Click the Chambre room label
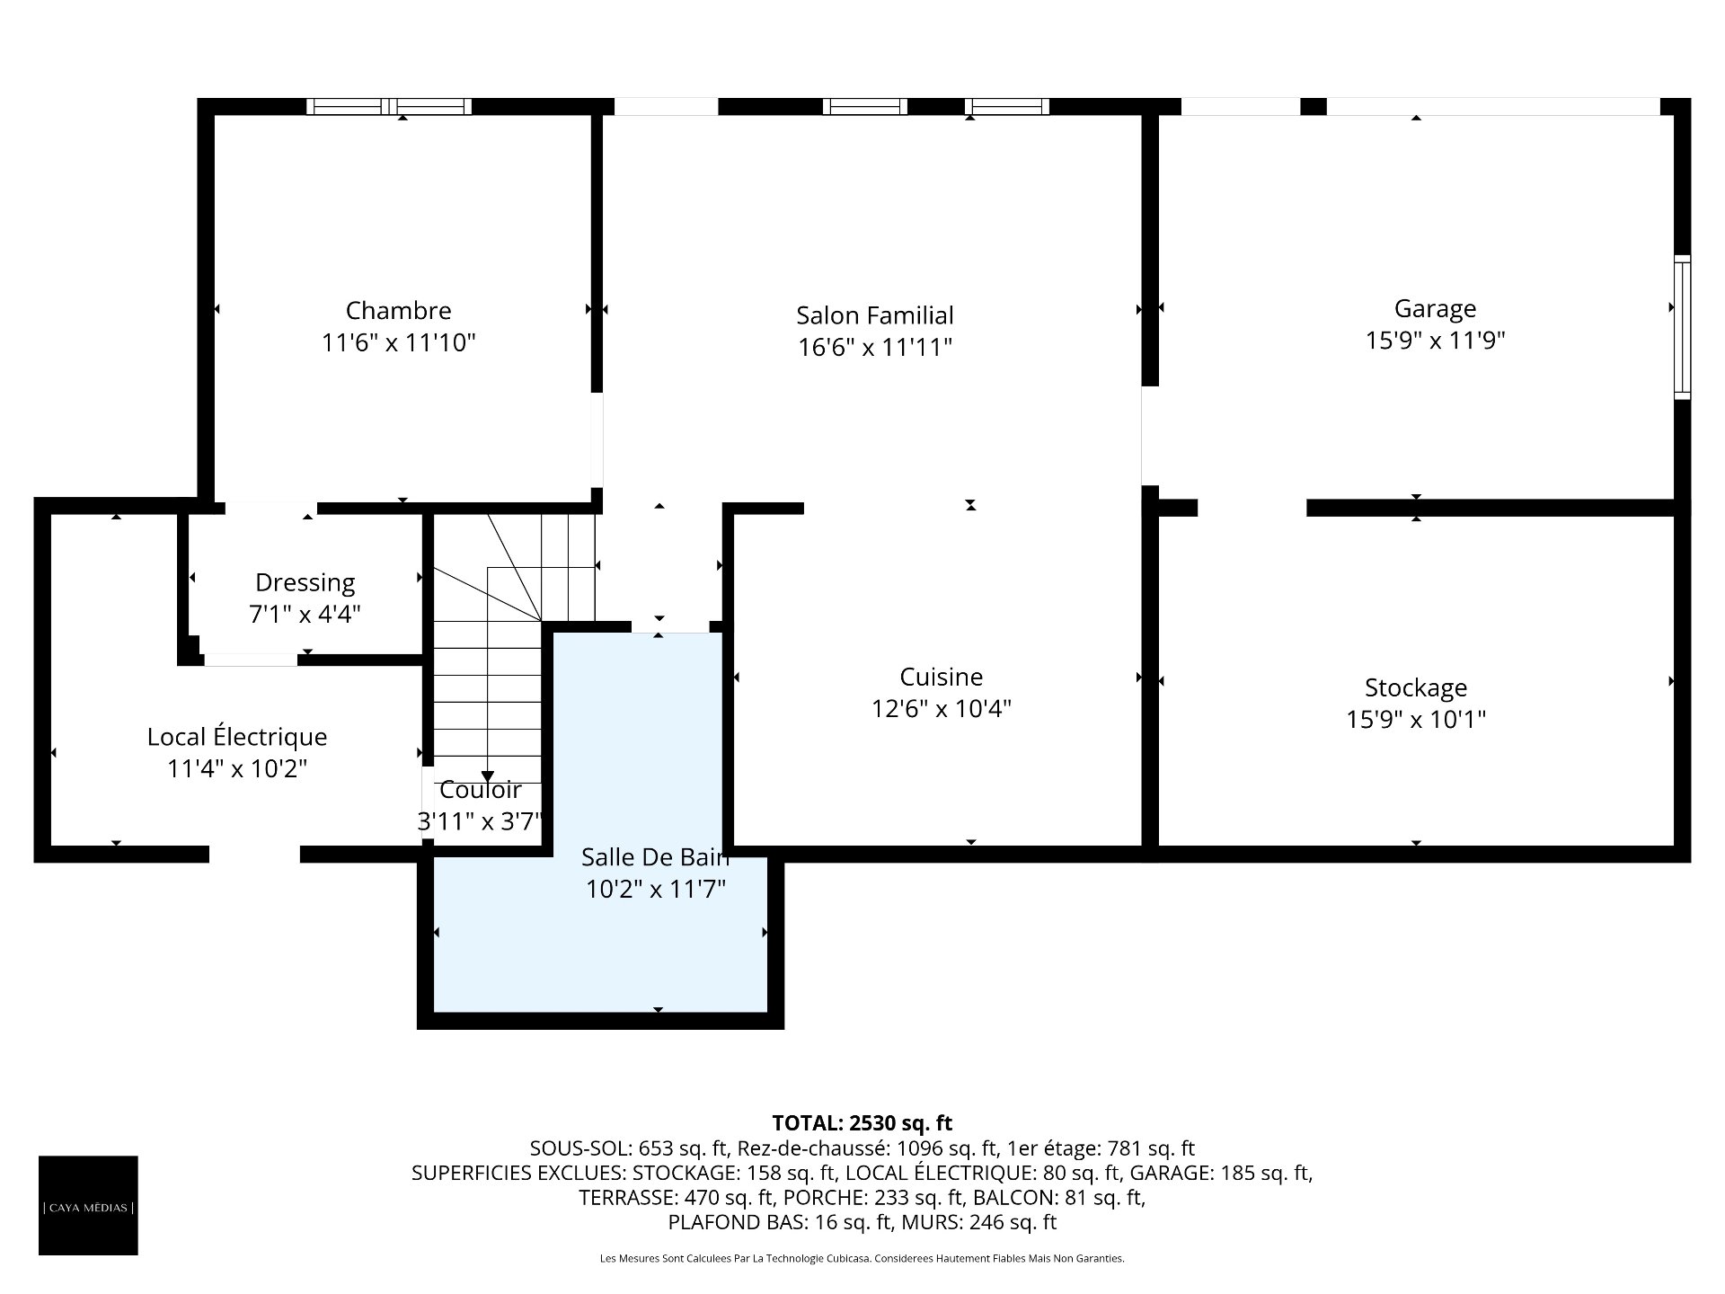pos(398,311)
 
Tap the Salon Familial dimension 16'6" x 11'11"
pos(875,347)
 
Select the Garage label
pos(1435,309)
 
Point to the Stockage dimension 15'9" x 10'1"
pos(1416,720)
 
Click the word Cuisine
pos(942,677)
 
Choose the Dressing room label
pos(305,583)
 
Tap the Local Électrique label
pos(237,737)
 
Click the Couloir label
pos(480,790)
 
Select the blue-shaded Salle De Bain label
pos(655,857)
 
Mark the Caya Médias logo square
pos(88,1205)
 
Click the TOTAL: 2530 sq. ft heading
pos(862,1123)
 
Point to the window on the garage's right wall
pos(1683,327)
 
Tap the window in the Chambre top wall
pos(389,106)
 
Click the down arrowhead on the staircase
pos(487,777)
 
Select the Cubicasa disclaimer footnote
pos(862,1259)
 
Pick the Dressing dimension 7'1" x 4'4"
pos(305,615)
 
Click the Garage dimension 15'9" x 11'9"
pos(1436,341)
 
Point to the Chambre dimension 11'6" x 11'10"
pos(398,342)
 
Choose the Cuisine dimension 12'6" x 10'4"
pos(942,709)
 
